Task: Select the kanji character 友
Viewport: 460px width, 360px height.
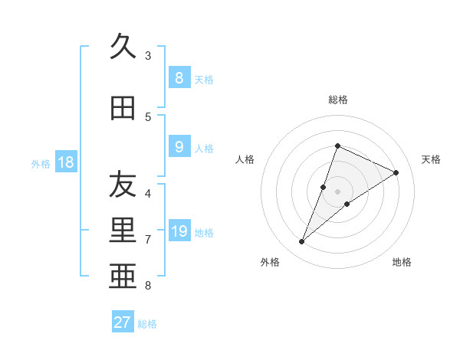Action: (x=123, y=185)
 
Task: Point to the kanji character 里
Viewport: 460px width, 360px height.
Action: (x=123, y=231)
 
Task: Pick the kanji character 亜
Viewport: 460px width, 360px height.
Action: (x=123, y=277)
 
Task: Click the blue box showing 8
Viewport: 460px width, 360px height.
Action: (x=179, y=77)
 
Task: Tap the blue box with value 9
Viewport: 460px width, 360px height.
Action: (x=179, y=146)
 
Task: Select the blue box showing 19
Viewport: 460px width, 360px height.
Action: (x=179, y=231)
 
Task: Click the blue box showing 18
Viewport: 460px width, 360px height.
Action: (x=65, y=162)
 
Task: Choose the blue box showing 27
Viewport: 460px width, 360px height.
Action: (x=123, y=322)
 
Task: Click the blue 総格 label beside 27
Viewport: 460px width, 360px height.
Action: (x=147, y=324)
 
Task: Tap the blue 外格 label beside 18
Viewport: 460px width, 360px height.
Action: (x=40, y=163)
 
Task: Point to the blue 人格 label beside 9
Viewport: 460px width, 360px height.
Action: (x=204, y=148)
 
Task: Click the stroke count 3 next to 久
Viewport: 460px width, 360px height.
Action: (x=148, y=55)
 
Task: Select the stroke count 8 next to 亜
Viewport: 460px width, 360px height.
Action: (x=148, y=286)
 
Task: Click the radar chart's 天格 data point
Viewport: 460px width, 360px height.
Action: (x=396, y=173)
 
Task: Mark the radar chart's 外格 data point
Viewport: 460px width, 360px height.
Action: (x=302, y=242)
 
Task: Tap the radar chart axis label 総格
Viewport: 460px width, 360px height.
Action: (x=338, y=100)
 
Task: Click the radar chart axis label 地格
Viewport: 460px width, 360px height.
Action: (x=402, y=262)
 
